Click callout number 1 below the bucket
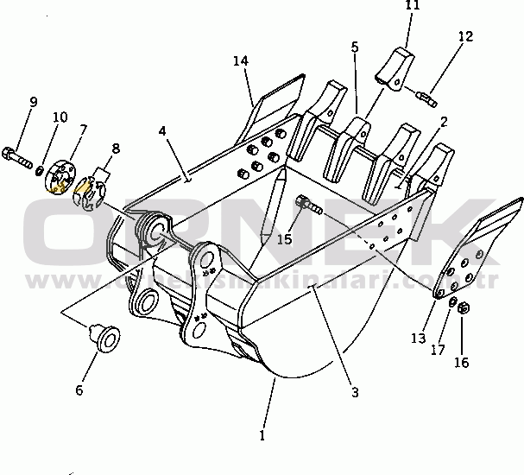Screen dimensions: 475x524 262,435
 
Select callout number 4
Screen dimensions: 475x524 162,130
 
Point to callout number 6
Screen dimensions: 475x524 79,389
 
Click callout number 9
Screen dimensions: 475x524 33,102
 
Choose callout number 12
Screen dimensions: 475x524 465,37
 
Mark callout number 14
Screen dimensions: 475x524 240,60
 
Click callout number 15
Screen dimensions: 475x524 285,237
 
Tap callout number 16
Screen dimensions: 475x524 462,362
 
